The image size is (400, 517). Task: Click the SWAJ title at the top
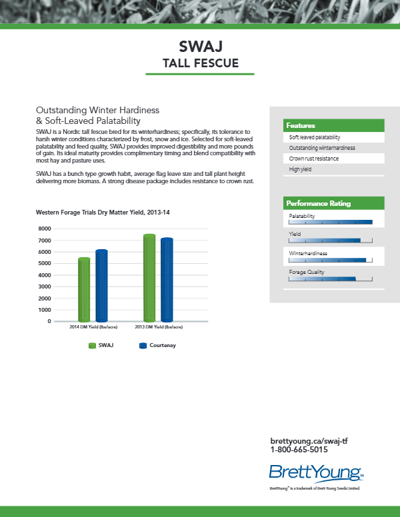click(x=201, y=46)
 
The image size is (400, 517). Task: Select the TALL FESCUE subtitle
click(x=201, y=63)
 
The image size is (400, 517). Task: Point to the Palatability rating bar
click(x=330, y=222)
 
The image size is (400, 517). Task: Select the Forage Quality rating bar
click(x=322, y=279)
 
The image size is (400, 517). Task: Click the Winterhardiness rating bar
click(x=327, y=260)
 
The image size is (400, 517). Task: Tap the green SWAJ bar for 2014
click(x=84, y=289)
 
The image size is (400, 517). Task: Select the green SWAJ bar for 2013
click(x=149, y=278)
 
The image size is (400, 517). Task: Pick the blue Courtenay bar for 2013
click(x=167, y=280)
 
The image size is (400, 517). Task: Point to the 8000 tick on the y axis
click(x=45, y=229)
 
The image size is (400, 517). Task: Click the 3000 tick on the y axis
click(x=45, y=286)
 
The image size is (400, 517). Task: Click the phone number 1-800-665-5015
click(x=299, y=450)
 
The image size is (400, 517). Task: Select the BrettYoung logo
click(x=315, y=474)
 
